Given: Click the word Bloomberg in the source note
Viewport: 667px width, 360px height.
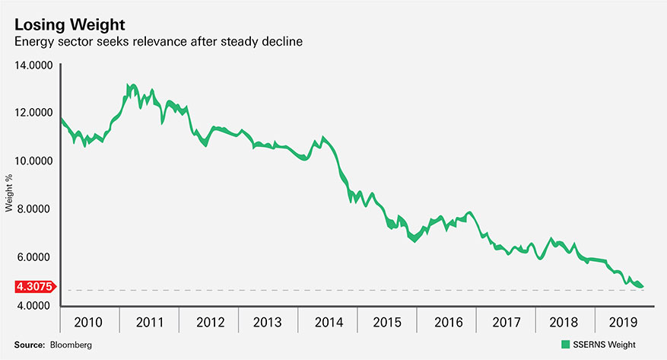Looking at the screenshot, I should [72, 345].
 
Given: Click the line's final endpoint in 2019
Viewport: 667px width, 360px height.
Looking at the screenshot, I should [643, 286].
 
